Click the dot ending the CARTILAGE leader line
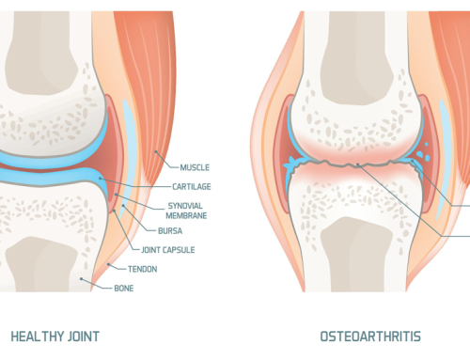pos(100,179)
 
